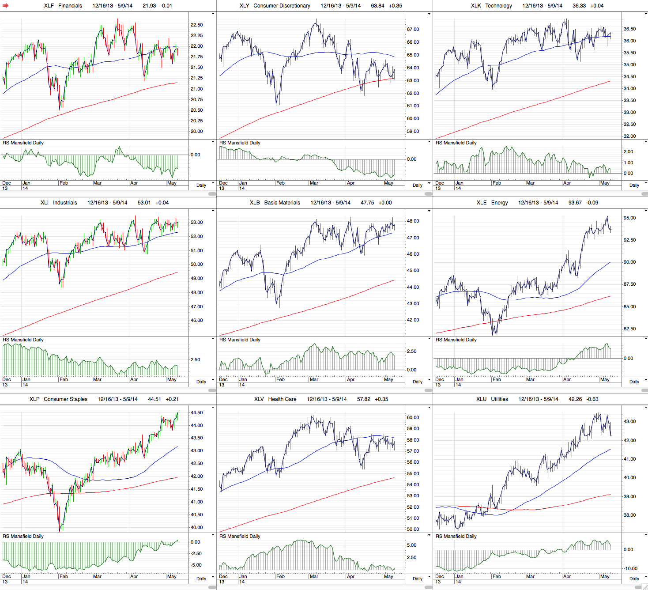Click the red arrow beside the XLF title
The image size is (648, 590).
click(6, 6)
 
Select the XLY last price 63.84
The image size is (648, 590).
click(377, 6)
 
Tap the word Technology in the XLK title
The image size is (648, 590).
click(499, 6)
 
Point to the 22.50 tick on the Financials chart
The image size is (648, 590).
click(197, 25)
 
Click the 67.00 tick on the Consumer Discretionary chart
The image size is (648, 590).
click(413, 30)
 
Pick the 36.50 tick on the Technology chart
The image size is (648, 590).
click(629, 29)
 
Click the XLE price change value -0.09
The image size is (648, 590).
click(592, 203)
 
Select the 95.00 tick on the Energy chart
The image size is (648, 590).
click(629, 218)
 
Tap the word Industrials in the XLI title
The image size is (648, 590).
click(65, 203)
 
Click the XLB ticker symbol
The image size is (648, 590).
click(255, 203)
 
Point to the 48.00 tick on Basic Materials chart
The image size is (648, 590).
click(413, 221)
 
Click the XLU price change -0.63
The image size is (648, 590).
click(592, 399)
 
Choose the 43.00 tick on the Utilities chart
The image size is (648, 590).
click(629, 422)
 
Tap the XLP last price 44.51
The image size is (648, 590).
click(154, 399)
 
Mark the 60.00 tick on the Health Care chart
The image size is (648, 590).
click(413, 417)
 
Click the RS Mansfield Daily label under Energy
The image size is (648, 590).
click(456, 340)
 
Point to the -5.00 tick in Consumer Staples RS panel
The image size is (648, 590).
click(196, 565)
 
